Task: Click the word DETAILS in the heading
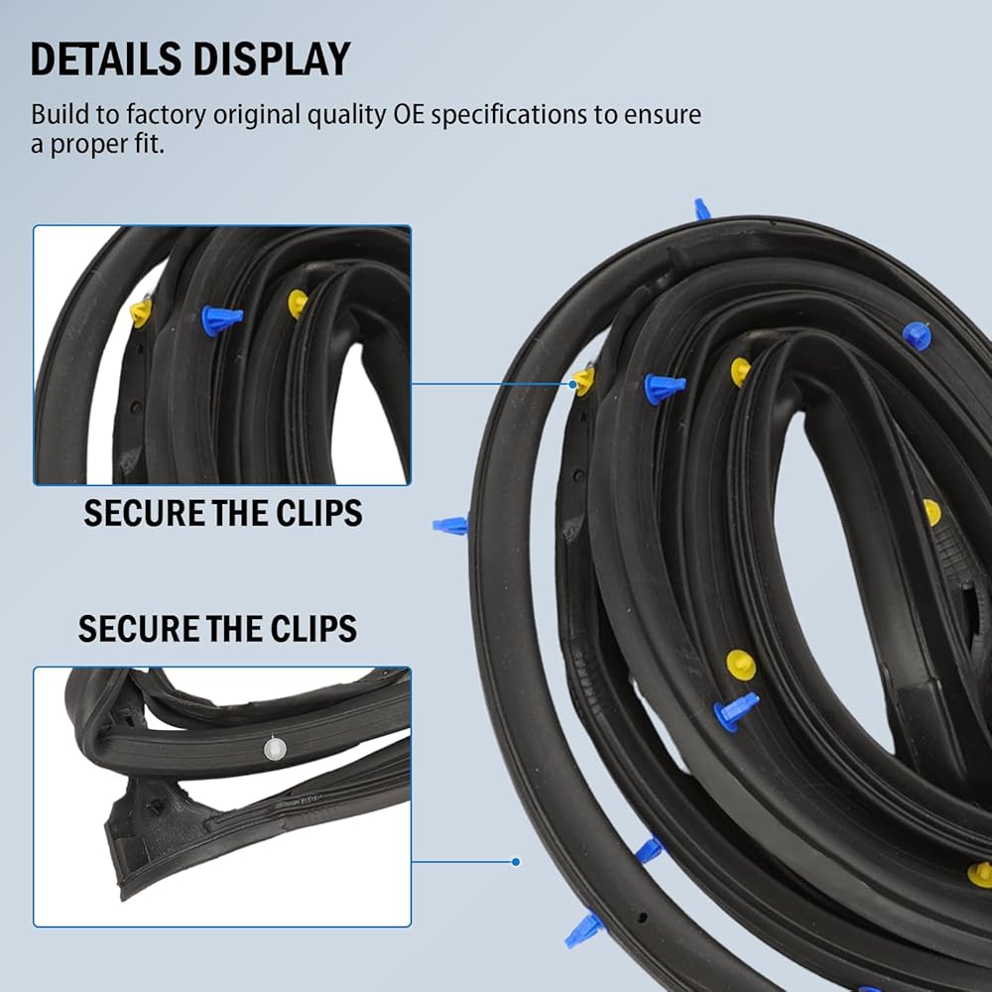(x=106, y=59)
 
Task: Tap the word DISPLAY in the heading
(x=271, y=59)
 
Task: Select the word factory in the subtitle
(x=166, y=114)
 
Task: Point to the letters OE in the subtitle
(x=409, y=114)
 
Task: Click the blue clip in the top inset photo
(x=221, y=319)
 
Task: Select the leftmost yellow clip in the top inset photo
(x=141, y=312)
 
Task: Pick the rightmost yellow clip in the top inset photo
(x=298, y=303)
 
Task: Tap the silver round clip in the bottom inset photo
(x=275, y=748)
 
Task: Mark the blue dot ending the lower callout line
(x=516, y=862)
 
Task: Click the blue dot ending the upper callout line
(x=572, y=384)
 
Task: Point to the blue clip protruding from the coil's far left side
(x=450, y=525)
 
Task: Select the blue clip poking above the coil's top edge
(x=701, y=208)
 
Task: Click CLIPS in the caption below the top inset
(x=319, y=513)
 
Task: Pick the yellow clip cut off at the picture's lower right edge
(x=981, y=874)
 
